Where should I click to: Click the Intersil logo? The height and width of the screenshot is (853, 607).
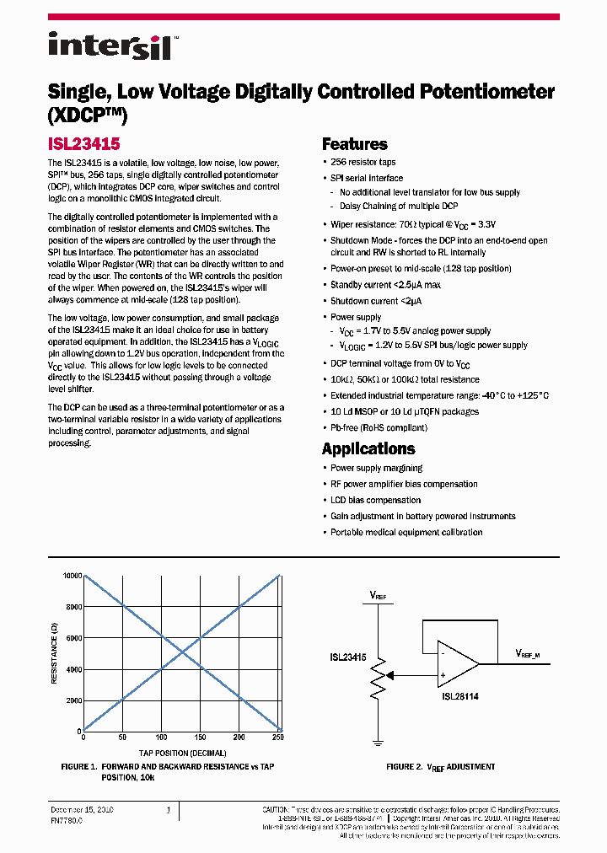tap(110, 46)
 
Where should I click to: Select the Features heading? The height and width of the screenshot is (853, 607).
tap(354, 144)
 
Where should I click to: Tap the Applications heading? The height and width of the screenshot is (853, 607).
tap(368, 448)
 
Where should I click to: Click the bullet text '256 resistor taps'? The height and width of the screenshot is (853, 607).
tap(363, 162)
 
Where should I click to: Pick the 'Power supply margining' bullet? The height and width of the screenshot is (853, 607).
tap(376, 468)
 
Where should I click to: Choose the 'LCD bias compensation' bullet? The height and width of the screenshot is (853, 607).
tap(375, 500)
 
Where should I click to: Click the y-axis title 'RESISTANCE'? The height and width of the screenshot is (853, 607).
tap(53, 654)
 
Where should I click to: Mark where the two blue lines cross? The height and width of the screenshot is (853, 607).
tap(180, 653)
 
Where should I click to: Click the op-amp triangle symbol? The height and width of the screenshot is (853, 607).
tap(455, 663)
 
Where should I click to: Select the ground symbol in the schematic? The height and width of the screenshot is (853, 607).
tap(379, 743)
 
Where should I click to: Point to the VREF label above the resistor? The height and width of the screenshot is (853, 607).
tap(379, 595)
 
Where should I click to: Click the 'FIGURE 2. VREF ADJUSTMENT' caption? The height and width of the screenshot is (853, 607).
tap(440, 767)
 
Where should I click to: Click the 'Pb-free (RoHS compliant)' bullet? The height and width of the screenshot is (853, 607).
tap(379, 427)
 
